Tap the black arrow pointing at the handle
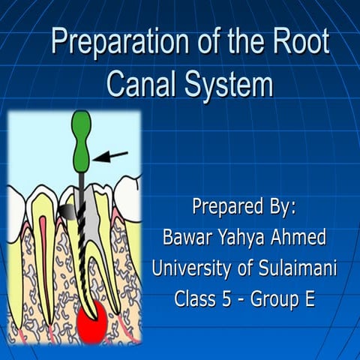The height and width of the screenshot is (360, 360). pos(112,156)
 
